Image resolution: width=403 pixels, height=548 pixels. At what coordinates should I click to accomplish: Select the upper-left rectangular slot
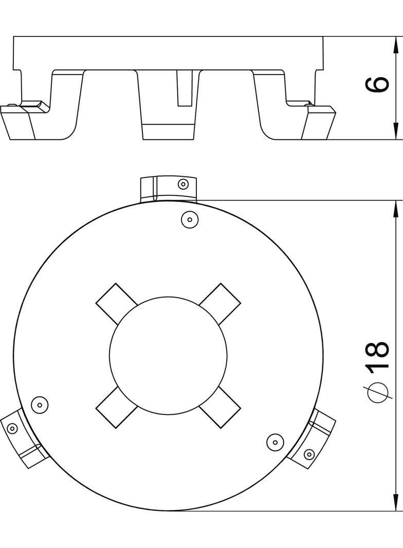(116, 303)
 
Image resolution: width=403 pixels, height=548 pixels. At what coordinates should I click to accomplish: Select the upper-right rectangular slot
(220, 303)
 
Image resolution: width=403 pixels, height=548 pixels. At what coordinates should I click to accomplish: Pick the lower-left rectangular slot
(116, 408)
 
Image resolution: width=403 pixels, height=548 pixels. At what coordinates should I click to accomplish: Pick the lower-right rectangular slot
(220, 408)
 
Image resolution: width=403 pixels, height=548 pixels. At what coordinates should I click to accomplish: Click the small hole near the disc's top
(190, 220)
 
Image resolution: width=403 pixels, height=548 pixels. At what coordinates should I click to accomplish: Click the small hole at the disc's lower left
(40, 405)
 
